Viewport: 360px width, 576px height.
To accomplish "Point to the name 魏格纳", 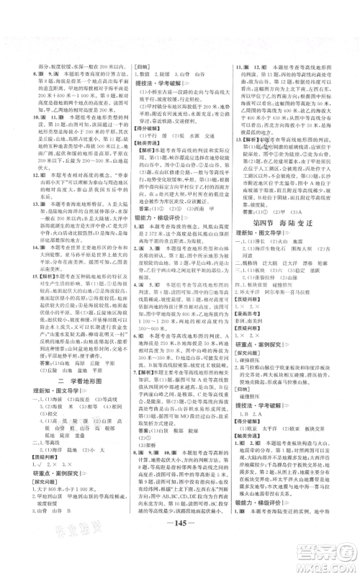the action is pos(253,264).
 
